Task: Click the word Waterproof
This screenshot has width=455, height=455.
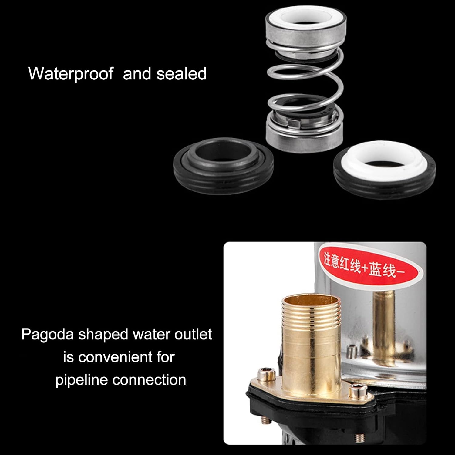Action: coord(70,74)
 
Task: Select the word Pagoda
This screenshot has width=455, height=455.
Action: coord(47,334)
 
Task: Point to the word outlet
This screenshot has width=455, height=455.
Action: coord(193,334)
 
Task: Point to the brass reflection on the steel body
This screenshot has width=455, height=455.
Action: coord(383,322)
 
